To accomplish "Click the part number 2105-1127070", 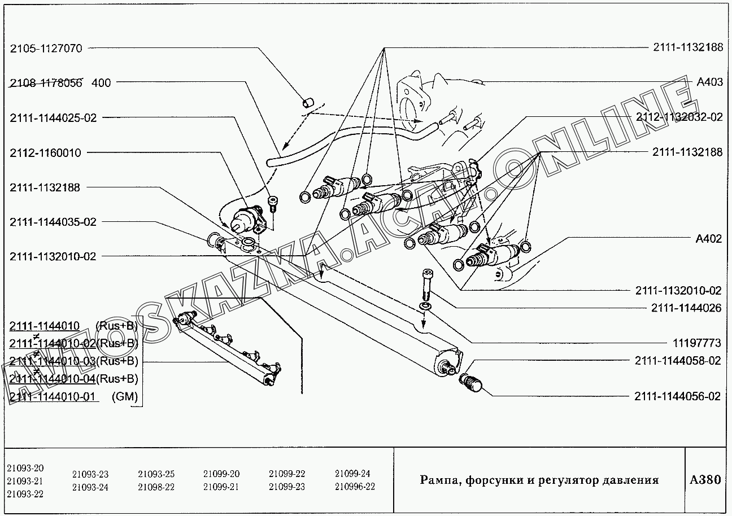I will point(46,49).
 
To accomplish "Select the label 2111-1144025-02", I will point(53,118).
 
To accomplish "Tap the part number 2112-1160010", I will point(45,153).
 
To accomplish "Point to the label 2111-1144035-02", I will point(53,222).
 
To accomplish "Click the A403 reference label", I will point(709,82).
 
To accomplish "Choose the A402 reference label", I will point(709,239).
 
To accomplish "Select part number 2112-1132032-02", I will point(679,117).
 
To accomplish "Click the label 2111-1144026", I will point(686,308).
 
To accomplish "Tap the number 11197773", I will point(697,343).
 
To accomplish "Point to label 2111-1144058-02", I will point(678,361).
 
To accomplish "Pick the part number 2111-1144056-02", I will point(678,396).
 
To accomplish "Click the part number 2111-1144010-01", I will point(53,396).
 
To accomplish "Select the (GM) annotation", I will point(125,396).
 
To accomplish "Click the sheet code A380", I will point(705,480).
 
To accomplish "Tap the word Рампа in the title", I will point(439,480).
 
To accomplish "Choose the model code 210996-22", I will point(355,487).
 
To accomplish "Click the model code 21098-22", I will point(156,487).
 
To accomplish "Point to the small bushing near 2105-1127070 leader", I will point(308,103).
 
